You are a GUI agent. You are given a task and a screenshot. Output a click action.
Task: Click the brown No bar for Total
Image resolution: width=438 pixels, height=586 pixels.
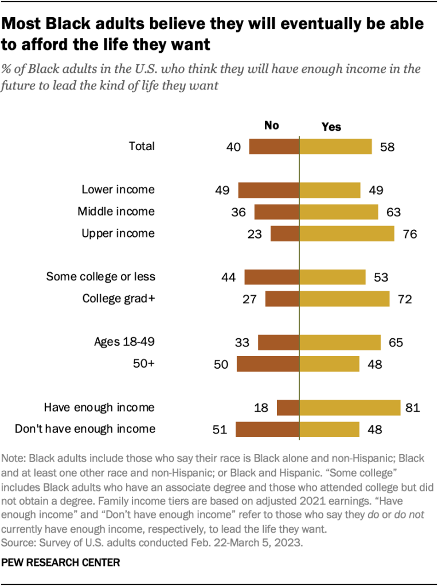coord(274,146)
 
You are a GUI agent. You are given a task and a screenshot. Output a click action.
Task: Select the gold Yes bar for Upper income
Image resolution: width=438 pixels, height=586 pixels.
coord(347,233)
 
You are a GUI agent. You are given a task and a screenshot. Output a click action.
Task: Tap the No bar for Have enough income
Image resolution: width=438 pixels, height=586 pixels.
coord(288,408)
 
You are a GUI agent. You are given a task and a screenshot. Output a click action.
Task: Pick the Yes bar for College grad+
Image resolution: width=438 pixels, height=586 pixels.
coord(345,299)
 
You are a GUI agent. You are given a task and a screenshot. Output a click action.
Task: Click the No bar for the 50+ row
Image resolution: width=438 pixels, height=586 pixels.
coord(268,364)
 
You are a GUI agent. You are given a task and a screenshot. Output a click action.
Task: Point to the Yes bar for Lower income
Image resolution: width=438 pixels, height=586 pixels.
coord(330,190)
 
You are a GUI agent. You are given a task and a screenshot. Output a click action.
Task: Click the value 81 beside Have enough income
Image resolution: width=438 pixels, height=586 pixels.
coord(413,408)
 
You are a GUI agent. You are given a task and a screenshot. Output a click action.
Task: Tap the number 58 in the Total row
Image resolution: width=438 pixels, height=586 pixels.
coord(388,146)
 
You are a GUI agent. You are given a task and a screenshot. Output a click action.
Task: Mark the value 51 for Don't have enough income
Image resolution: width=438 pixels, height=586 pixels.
coord(220,429)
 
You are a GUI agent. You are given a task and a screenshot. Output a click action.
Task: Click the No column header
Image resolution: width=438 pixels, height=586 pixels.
coord(271,126)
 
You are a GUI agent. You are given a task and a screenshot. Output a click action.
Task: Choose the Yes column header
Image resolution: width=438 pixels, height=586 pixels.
coord(331,126)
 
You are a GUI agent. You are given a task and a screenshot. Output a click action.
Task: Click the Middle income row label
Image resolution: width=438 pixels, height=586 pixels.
coord(116,212)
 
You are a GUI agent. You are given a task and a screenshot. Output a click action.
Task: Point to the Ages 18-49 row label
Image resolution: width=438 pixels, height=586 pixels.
coord(124,342)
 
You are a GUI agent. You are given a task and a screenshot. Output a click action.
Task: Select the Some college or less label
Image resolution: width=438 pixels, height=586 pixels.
coord(100,277)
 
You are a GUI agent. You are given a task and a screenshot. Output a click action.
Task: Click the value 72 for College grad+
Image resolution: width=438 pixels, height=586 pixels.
coord(405,299)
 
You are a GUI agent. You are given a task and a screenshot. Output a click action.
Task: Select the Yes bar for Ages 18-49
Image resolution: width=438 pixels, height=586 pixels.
coord(340,342)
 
